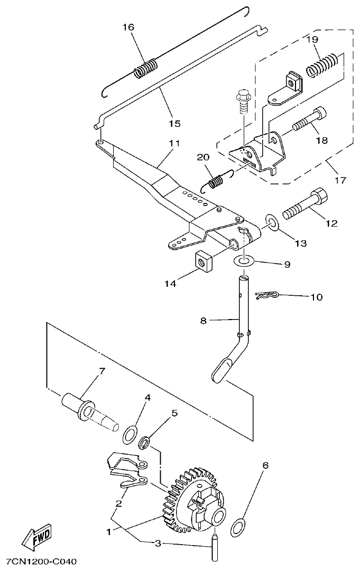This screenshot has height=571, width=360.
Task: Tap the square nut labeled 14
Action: pos(203,260)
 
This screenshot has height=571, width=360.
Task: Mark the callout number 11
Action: pos(174,143)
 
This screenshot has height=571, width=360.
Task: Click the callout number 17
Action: pos(340,180)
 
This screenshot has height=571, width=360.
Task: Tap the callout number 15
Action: pos(174,124)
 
